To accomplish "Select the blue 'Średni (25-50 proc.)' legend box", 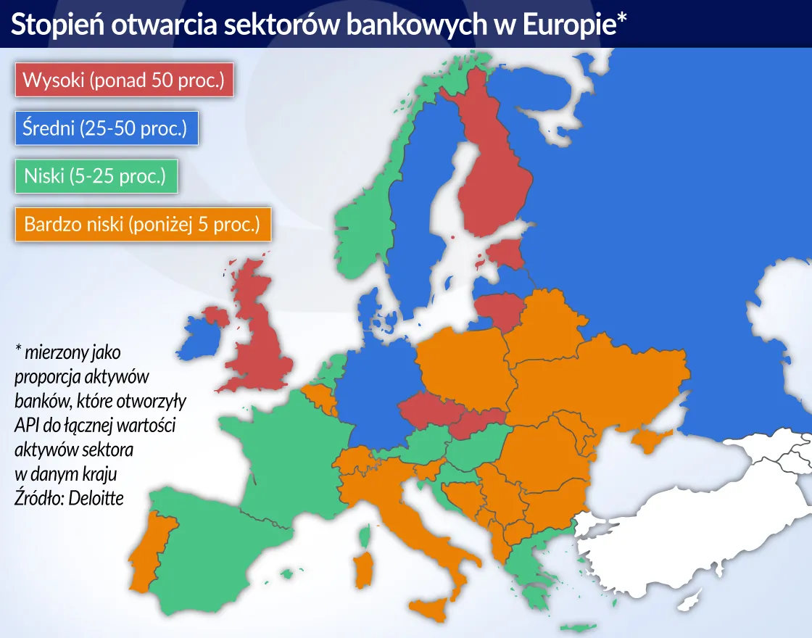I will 105,129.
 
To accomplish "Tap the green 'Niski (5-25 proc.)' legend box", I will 95,176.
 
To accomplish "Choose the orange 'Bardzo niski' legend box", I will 142,224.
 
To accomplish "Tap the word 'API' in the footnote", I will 26,425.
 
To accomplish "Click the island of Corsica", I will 368,537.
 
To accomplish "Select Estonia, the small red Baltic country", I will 505,254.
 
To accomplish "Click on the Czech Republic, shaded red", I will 426,411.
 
